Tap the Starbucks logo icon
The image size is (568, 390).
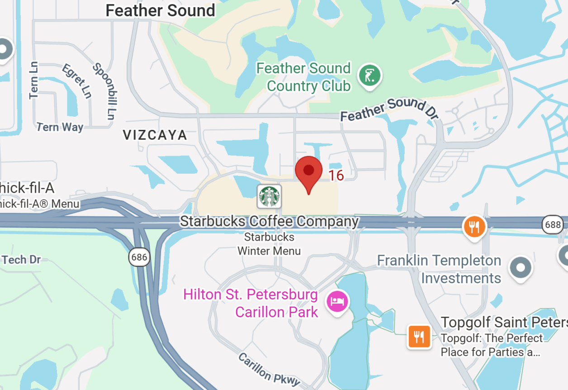269,196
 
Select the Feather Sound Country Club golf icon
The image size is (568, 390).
370,76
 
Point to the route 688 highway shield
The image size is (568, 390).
553,224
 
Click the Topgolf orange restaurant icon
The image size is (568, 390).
419,336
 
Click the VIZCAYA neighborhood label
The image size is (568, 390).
155,135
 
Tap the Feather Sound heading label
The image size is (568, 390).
160,10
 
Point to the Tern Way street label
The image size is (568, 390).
60,127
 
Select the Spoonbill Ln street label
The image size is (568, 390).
104,90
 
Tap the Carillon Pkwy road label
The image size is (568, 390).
269,369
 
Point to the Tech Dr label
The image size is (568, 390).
21,260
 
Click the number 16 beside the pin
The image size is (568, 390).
336,175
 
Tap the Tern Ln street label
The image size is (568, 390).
34,80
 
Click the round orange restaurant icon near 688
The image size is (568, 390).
474,226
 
